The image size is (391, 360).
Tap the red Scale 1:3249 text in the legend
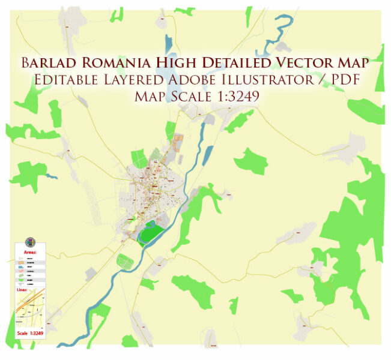(29, 333)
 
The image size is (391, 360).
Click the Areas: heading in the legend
(29, 253)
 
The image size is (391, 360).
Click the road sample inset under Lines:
(29, 310)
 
